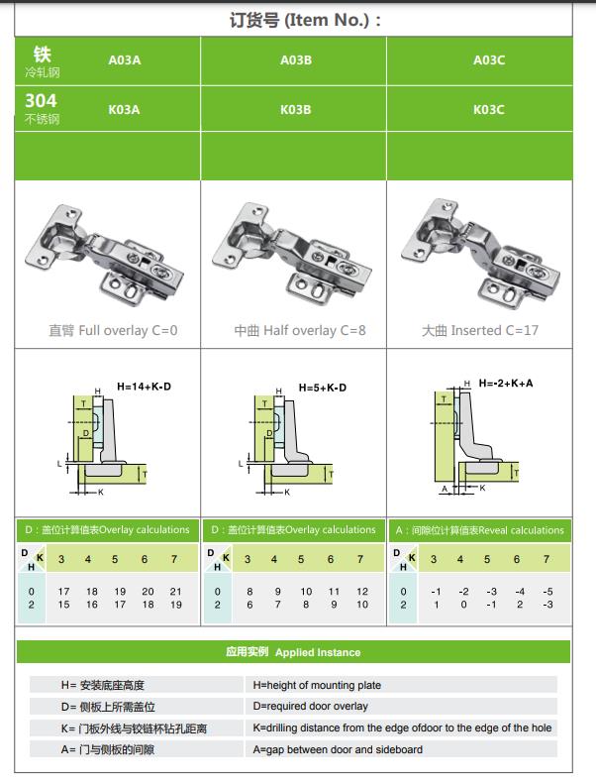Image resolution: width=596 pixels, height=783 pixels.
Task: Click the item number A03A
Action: (125, 59)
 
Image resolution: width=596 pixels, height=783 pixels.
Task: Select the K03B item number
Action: (295, 109)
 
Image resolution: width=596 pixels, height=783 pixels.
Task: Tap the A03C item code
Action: (489, 59)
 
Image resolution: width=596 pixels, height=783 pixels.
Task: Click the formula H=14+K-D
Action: (144, 386)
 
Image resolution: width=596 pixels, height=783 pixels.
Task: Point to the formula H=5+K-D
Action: (322, 388)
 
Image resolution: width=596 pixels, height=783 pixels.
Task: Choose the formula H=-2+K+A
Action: (505, 383)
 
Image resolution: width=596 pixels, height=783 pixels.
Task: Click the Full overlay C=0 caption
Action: (113, 330)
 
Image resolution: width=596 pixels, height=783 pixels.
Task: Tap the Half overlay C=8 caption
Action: (300, 330)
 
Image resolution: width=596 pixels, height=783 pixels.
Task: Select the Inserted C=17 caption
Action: (480, 330)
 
